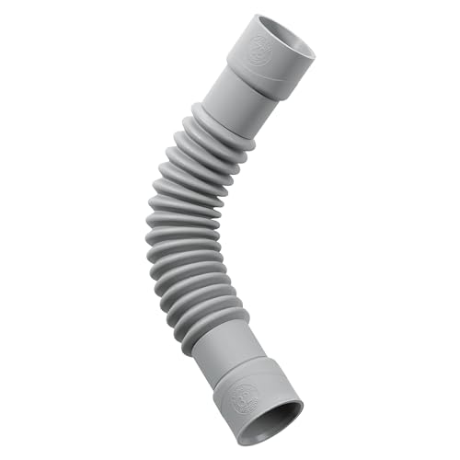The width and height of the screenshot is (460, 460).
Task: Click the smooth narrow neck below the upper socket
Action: pos(230,101)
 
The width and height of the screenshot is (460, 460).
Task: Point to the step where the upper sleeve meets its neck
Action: pos(241,85)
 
